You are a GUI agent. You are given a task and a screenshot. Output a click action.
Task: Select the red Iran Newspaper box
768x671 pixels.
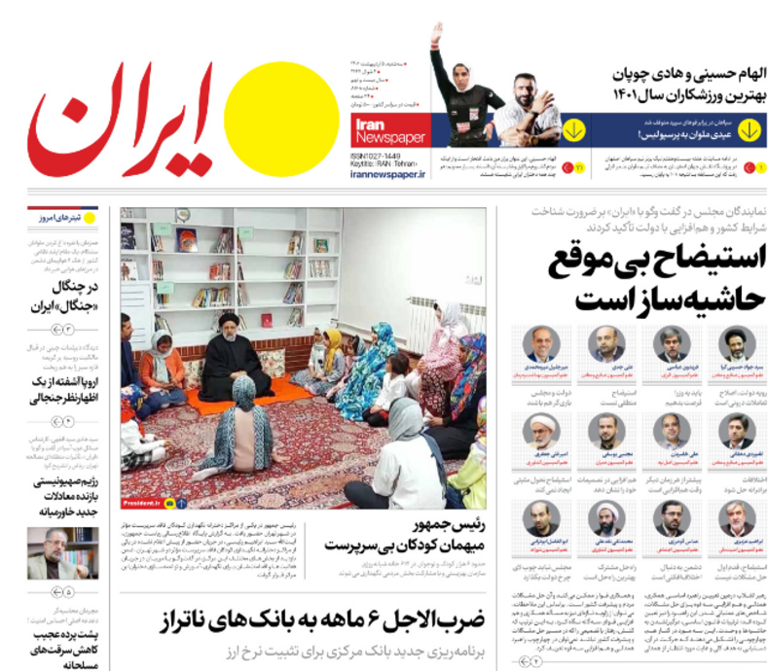[x=385, y=131]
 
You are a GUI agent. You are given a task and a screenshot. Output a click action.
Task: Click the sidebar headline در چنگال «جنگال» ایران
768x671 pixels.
[x=62, y=295]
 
